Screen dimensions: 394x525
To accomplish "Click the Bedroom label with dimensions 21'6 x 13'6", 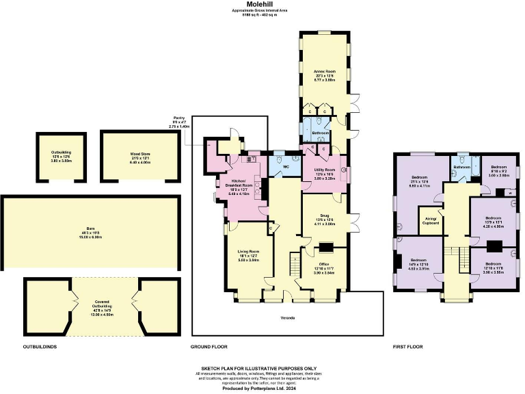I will [418, 181].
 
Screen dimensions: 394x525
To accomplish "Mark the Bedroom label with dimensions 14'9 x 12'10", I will [419, 261].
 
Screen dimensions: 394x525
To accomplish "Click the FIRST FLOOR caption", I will [407, 347].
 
